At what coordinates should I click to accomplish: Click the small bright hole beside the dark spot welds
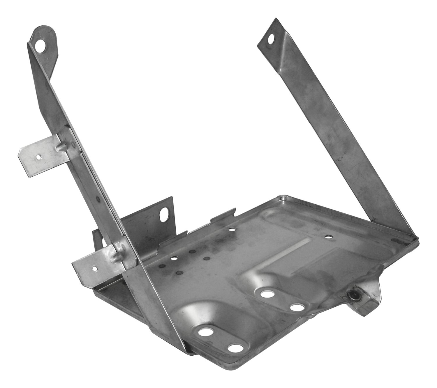(x=175, y=259)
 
